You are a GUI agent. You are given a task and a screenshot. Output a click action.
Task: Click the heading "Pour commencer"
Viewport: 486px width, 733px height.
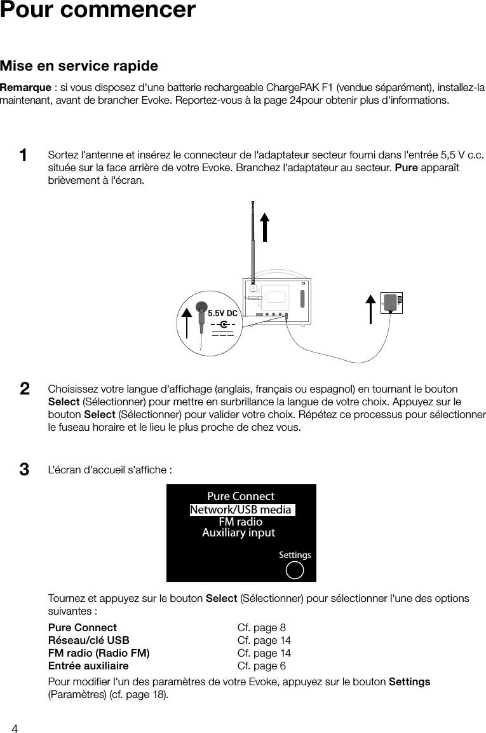click(x=98, y=11)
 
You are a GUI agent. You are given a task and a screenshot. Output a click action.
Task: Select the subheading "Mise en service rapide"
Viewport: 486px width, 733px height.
click(x=79, y=66)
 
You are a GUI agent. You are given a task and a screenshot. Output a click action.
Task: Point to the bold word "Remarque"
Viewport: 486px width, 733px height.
click(x=25, y=87)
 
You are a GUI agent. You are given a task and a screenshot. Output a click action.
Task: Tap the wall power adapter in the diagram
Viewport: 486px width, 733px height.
click(x=391, y=303)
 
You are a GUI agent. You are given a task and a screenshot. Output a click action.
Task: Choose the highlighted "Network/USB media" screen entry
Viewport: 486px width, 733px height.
click(x=241, y=510)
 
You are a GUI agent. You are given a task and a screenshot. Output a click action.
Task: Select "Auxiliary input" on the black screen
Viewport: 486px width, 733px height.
click(x=238, y=533)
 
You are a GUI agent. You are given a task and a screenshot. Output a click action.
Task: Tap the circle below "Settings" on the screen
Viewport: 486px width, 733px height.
click(x=295, y=570)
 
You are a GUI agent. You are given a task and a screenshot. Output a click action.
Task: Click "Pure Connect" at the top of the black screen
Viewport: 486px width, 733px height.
click(x=241, y=496)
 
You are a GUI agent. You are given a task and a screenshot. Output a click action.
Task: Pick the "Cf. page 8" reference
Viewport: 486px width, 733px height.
click(x=261, y=628)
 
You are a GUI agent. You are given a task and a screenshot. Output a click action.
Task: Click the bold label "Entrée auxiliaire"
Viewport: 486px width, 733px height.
click(x=88, y=666)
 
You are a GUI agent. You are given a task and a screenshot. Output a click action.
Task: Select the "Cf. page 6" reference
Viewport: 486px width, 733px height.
click(x=261, y=666)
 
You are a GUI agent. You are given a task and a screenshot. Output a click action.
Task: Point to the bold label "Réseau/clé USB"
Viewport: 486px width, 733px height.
click(x=89, y=641)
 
